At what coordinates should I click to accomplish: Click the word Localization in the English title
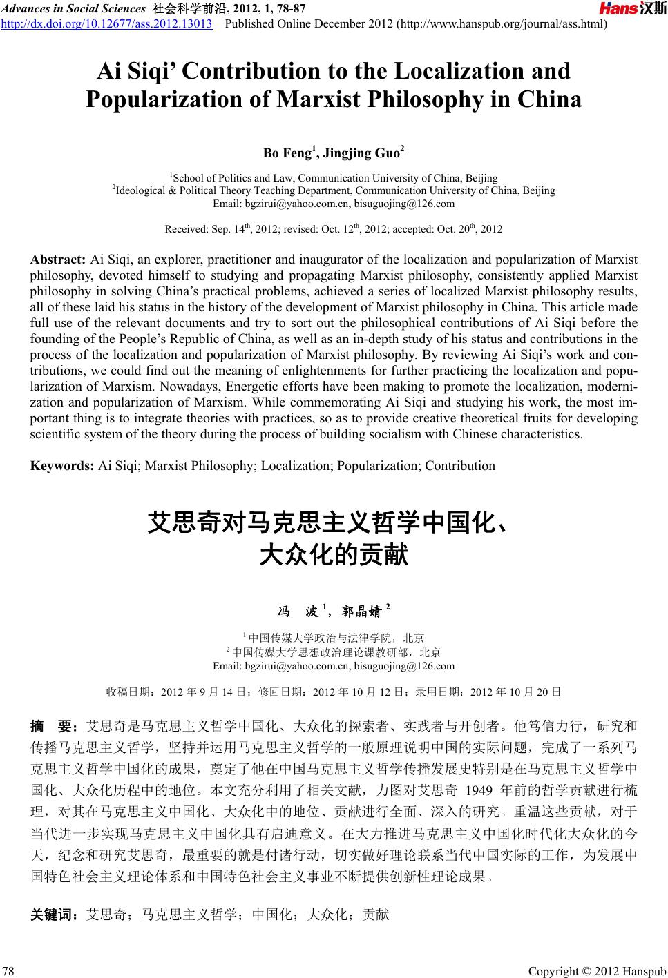(477, 71)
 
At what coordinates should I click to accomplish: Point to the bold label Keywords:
(63, 465)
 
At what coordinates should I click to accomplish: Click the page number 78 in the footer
(9, 971)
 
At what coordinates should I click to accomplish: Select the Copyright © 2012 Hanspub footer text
(597, 971)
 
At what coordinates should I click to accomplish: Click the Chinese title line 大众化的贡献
(334, 555)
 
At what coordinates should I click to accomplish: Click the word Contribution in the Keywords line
(460, 465)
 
